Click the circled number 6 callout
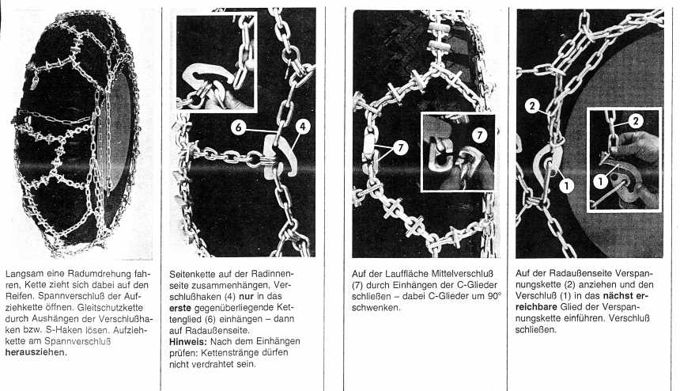click(x=238, y=127)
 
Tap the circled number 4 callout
click(x=303, y=127)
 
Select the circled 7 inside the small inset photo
click(x=479, y=135)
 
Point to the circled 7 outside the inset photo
click(x=400, y=148)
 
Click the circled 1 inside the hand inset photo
click(x=601, y=181)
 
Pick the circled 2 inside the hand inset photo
click(x=636, y=120)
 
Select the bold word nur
click(x=246, y=296)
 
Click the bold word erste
click(x=180, y=308)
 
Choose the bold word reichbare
click(x=536, y=307)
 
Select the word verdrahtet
click(x=209, y=364)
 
